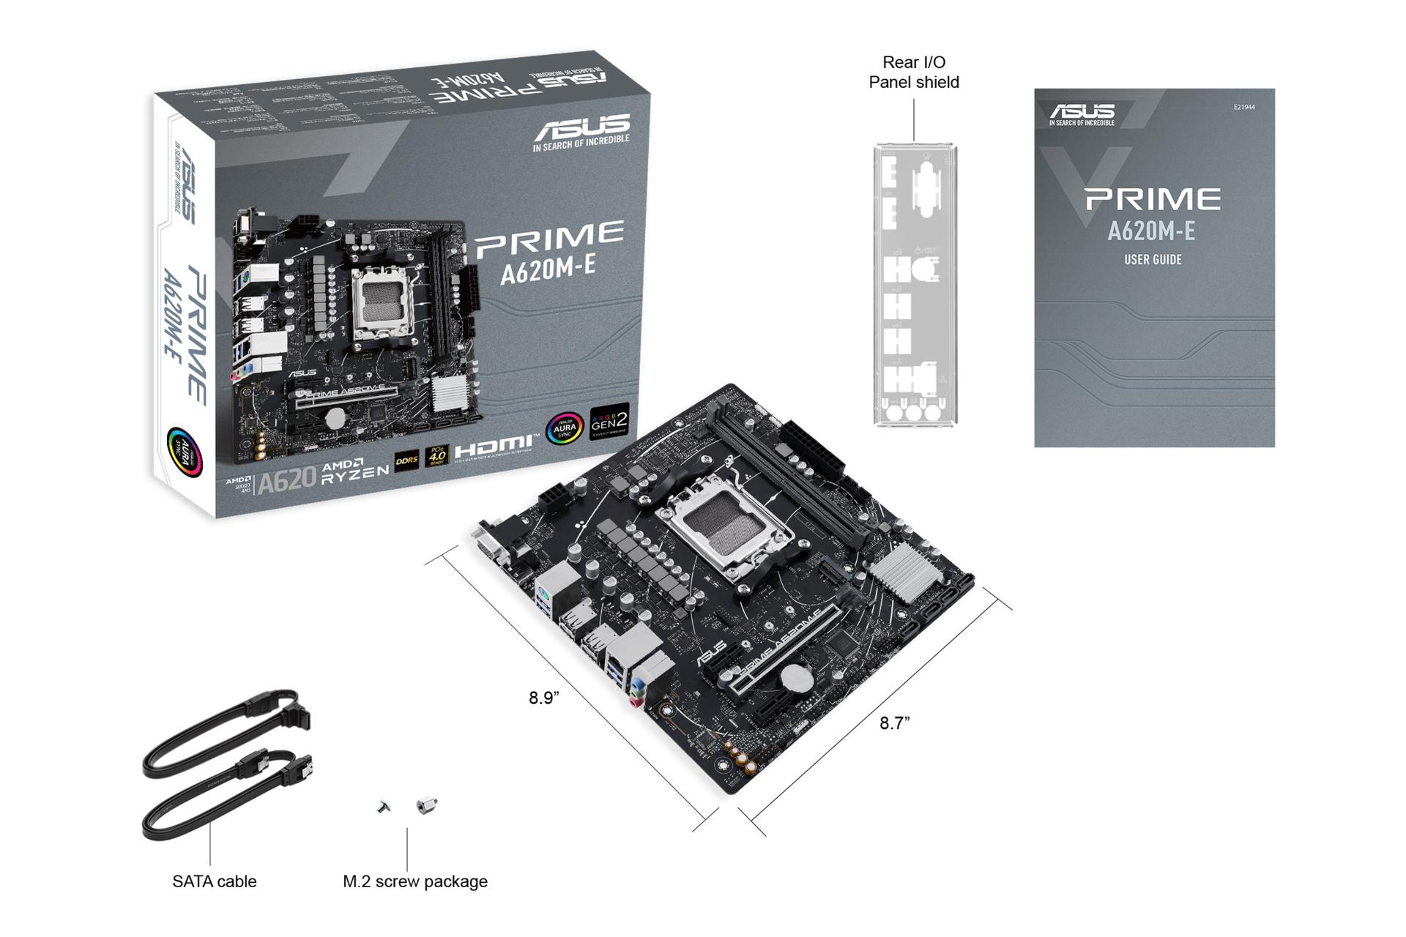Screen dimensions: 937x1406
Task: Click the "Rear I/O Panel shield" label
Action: (913, 72)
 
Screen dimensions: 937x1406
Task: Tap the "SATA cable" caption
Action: (214, 881)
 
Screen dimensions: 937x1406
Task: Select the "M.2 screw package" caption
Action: (414, 881)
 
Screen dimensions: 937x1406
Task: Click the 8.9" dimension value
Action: (544, 698)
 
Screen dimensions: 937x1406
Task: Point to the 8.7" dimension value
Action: (894, 723)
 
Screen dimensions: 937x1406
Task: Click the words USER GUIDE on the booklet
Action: (1153, 260)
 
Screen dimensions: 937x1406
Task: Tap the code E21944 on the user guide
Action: (1243, 108)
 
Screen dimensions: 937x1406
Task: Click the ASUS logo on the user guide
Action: (1082, 113)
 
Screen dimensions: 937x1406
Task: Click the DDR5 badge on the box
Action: (406, 460)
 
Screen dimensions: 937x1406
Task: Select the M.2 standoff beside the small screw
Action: (425, 805)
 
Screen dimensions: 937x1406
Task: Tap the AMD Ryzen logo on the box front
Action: (355, 469)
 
